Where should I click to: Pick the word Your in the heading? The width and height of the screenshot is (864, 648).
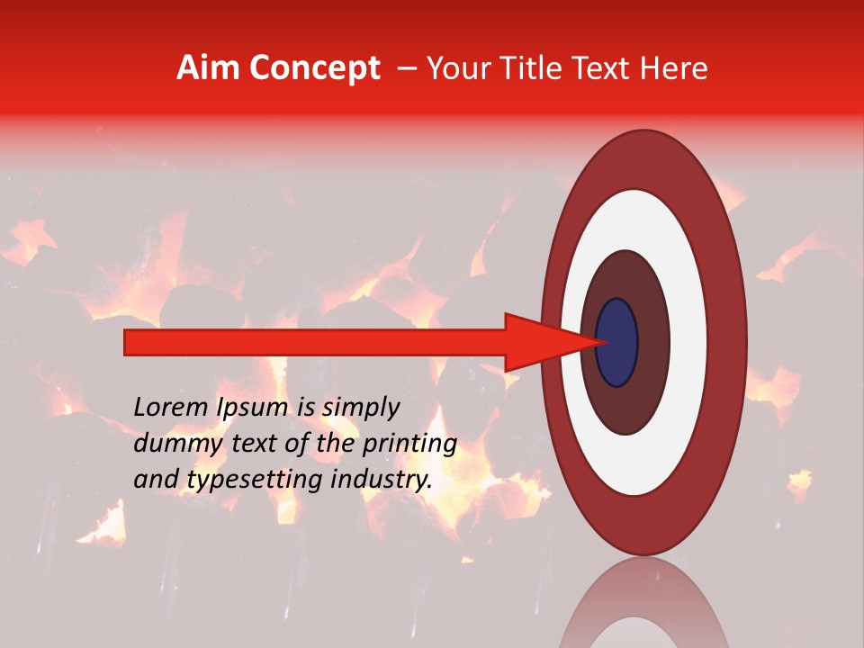click(x=457, y=68)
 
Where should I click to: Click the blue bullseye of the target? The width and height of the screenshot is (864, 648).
click(x=616, y=342)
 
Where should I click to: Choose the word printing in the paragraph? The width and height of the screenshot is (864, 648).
click(x=412, y=445)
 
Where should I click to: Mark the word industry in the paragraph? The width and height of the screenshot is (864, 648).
click(x=382, y=480)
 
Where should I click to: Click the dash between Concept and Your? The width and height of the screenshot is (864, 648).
click(x=407, y=68)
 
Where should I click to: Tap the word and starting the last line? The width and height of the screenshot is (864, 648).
click(x=154, y=480)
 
